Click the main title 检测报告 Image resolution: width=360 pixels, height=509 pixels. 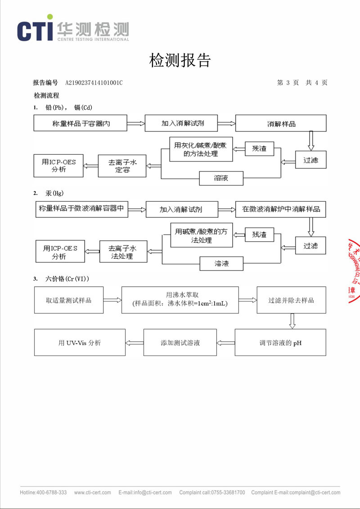(x=180, y=60)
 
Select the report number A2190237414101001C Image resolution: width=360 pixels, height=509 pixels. (x=94, y=83)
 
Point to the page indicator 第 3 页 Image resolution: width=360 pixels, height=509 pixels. (x=288, y=83)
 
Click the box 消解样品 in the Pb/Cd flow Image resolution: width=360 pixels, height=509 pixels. (x=281, y=123)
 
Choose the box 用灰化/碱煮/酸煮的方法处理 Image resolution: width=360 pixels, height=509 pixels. (x=201, y=149)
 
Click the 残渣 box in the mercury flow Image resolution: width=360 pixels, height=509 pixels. (x=259, y=234)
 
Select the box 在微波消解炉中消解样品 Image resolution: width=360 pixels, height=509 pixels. (x=281, y=209)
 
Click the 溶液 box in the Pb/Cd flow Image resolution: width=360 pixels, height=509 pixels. (x=221, y=178)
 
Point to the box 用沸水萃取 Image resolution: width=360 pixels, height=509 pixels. (x=180, y=299)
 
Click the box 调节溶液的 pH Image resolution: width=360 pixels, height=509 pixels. (x=280, y=343)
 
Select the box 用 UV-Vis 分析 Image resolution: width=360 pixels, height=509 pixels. (x=80, y=343)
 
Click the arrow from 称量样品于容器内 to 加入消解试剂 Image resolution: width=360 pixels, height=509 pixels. (x=136, y=122)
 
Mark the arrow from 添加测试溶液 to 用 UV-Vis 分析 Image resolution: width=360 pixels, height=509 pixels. (x=134, y=343)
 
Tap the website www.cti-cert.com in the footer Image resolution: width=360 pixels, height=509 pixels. (x=92, y=492)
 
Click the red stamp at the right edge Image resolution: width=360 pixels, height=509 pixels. (x=354, y=270)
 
